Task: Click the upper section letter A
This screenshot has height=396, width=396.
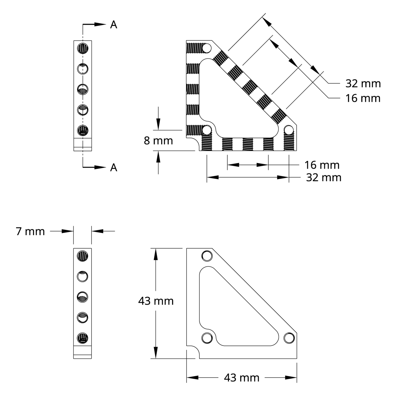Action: click(x=114, y=25)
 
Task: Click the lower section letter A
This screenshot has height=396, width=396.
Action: click(x=114, y=168)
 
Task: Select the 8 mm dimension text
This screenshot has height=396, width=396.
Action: click(x=158, y=141)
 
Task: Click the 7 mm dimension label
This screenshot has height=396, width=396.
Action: click(x=30, y=231)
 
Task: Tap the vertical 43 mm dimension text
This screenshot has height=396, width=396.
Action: click(x=156, y=301)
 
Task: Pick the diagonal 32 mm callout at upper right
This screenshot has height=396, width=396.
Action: click(x=363, y=84)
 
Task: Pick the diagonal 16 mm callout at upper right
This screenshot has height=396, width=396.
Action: click(x=363, y=98)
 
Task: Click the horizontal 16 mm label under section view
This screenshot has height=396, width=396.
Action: click(x=322, y=165)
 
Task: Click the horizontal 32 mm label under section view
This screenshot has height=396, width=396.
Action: click(x=324, y=178)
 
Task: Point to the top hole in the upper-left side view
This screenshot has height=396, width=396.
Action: click(x=83, y=48)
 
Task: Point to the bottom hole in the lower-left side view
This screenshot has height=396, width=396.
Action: click(x=83, y=338)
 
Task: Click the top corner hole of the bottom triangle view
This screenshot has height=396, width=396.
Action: click(x=207, y=256)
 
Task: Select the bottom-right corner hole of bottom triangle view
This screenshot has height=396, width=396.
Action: click(x=289, y=338)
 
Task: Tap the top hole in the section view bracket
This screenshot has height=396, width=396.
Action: click(x=207, y=48)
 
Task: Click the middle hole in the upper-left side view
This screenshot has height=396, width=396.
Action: click(x=83, y=89)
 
